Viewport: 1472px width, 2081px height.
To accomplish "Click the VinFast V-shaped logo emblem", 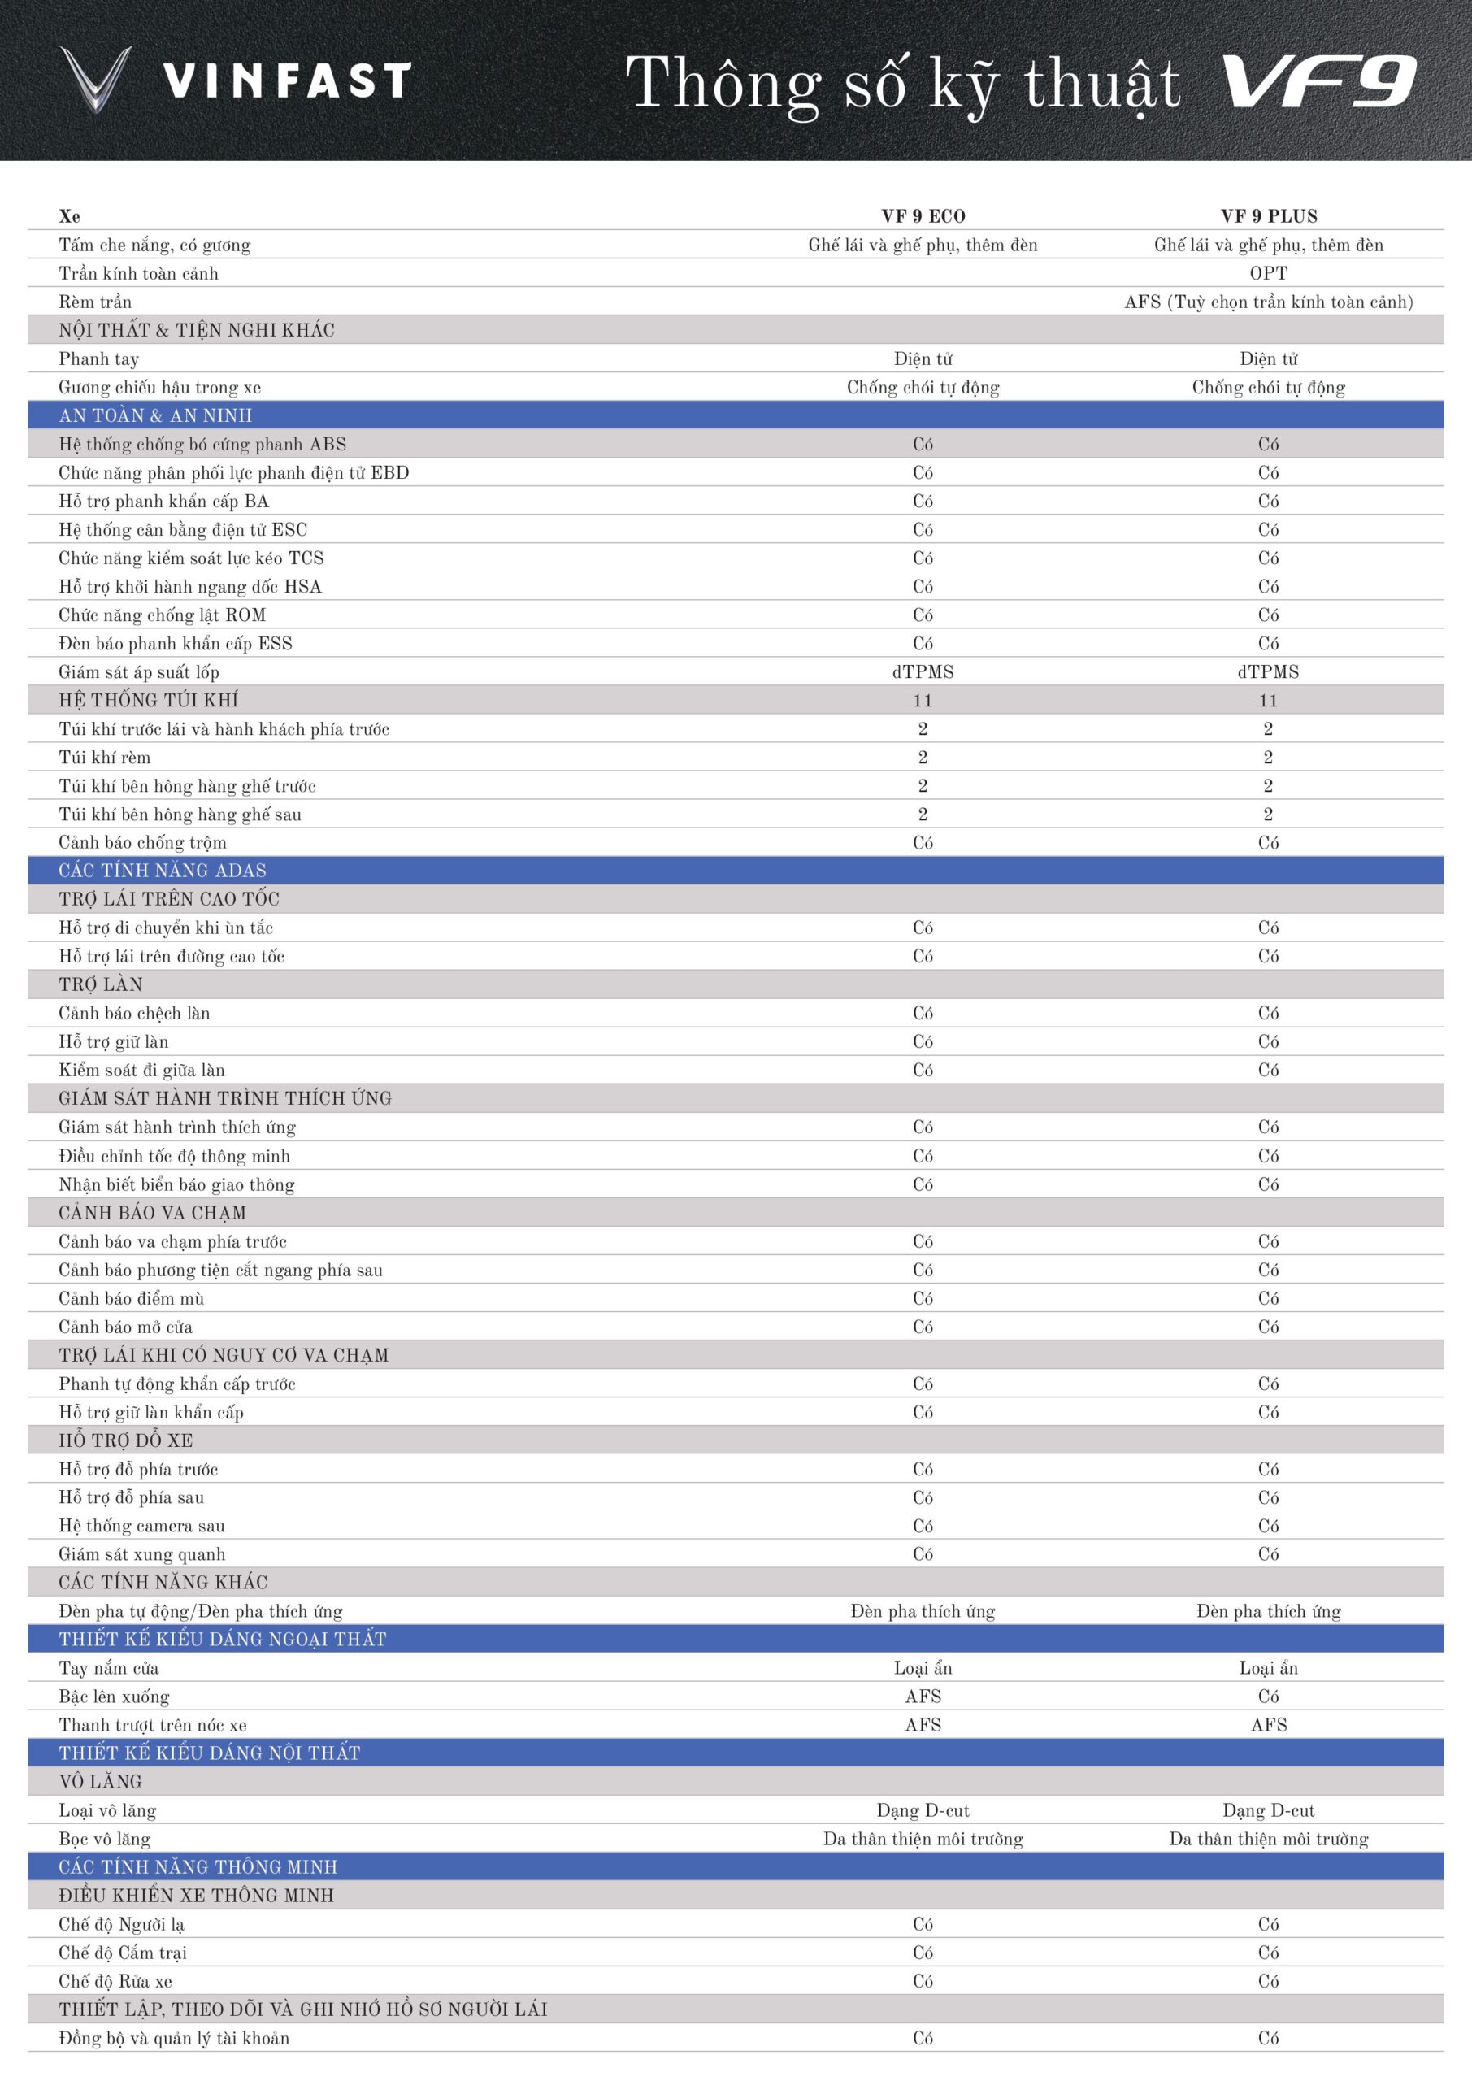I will tap(95, 80).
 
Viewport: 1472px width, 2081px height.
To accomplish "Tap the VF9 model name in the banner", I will tap(1319, 81).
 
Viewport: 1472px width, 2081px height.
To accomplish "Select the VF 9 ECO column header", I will tap(923, 216).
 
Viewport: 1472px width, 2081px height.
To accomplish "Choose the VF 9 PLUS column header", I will tap(1268, 216).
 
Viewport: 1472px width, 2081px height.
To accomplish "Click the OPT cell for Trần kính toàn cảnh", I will tap(1268, 274).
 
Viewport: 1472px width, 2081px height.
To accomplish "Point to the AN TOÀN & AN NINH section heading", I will tap(155, 416).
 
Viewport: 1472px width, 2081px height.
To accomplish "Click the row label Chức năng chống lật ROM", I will tap(163, 615).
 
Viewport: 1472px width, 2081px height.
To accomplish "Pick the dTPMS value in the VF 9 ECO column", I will tap(923, 672).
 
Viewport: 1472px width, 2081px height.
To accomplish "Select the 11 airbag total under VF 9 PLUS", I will tap(1268, 701).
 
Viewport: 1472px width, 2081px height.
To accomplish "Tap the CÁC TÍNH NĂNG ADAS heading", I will tap(163, 871).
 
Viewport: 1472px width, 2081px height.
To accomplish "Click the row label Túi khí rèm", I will tap(104, 758).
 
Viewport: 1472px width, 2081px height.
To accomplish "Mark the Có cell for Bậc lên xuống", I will tap(1268, 1697).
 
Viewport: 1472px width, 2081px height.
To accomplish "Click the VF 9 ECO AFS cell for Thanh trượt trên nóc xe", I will tap(923, 1725).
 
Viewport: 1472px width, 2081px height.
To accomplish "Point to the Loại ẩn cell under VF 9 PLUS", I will tap(1268, 1669).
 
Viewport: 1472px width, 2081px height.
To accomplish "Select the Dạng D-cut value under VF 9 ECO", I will tap(923, 1811).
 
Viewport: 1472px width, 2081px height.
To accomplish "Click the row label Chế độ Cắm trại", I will tap(123, 1953).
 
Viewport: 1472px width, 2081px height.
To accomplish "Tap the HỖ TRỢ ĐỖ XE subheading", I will tap(126, 1440).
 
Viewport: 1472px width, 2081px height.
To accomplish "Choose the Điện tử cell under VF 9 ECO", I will tap(923, 359).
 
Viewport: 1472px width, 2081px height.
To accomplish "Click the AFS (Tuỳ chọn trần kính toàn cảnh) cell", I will tap(1268, 302).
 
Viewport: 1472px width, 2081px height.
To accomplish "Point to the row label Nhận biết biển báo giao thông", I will tap(176, 1184).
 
